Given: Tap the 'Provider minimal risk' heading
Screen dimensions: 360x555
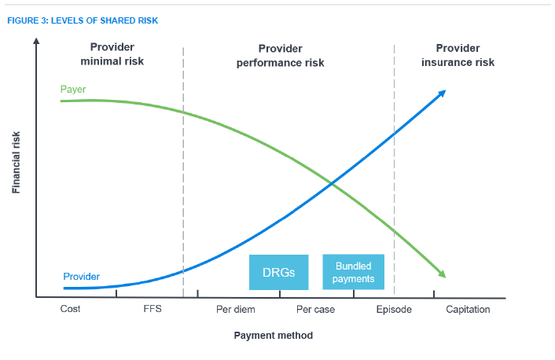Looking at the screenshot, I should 112,53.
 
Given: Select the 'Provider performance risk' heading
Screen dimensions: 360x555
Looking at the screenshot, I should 280,55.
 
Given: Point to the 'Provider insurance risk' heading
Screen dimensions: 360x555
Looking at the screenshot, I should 458,55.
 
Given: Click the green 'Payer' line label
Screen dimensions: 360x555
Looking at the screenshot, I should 73,90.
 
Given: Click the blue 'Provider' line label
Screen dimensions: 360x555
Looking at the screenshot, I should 82,276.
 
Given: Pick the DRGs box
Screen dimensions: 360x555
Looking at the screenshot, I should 279,272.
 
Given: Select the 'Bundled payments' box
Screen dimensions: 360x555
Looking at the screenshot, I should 353,272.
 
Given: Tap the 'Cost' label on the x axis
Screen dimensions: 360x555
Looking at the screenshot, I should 71,310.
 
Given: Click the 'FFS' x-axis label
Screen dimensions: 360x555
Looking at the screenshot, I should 153,310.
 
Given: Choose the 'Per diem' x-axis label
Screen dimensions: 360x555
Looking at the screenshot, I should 235,310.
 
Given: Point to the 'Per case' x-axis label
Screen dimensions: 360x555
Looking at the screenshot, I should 315,310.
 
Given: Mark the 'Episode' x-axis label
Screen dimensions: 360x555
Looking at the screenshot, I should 394,310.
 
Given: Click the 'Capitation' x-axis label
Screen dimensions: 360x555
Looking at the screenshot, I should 468,310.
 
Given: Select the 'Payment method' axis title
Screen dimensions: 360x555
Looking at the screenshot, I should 274,336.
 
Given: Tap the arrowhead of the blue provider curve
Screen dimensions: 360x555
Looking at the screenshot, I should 443,94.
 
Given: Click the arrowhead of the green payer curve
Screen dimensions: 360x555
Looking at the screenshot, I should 442,274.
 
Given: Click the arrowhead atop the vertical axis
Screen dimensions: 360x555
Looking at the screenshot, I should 36,41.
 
